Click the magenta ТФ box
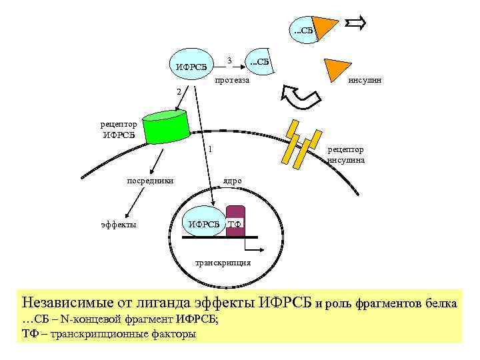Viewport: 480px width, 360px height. [235, 221]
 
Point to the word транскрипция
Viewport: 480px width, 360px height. [223, 262]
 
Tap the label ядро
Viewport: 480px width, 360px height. [233, 181]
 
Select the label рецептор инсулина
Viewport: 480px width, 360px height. [345, 155]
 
